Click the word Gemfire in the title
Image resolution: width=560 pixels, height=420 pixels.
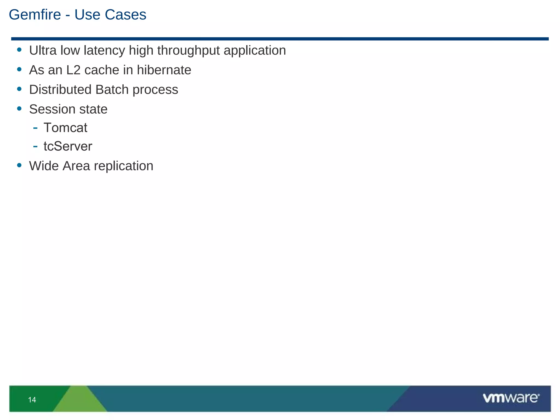35,15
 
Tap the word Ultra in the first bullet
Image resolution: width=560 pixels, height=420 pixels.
43,51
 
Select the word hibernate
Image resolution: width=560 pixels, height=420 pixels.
164,70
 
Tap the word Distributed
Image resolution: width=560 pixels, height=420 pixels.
60,90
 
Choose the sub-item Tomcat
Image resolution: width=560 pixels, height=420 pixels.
65,128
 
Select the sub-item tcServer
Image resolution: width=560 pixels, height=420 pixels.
68,147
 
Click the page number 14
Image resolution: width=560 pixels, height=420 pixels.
32,400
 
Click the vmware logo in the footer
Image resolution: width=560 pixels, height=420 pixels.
511,398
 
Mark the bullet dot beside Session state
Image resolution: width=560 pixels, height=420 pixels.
19,109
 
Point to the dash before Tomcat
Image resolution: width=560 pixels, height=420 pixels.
35,127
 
